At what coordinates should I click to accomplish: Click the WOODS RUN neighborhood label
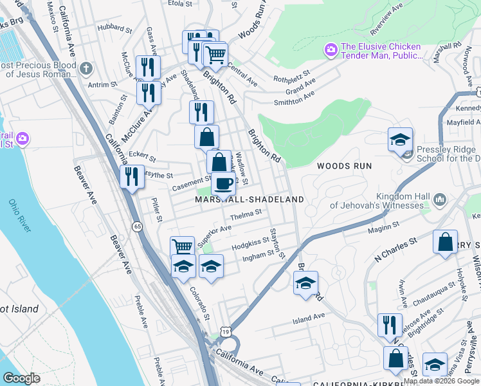344,166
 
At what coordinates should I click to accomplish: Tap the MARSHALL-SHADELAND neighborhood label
249,200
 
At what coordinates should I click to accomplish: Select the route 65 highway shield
138,226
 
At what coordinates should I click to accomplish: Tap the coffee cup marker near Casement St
223,184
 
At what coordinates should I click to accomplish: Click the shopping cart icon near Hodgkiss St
183,247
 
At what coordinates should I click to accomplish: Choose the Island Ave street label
309,318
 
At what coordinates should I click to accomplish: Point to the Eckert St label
142,156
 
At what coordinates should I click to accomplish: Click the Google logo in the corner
21,378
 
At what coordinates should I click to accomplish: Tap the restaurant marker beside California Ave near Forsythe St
132,176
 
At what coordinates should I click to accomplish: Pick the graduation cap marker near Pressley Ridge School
400,139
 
